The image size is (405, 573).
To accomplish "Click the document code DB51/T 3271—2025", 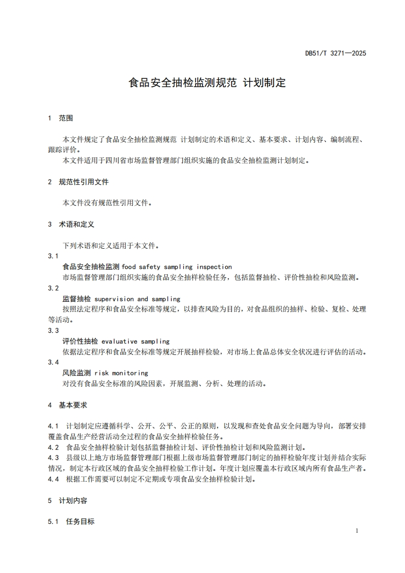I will (336, 53).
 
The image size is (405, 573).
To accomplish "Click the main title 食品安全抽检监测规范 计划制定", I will (206, 82).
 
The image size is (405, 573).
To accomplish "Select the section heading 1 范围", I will (60, 118).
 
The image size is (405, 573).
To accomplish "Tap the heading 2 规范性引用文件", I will (78, 182).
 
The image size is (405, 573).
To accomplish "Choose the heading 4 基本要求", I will (67, 405).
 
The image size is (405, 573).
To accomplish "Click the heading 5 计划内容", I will (67, 500).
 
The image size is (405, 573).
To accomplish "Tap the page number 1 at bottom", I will (356, 531).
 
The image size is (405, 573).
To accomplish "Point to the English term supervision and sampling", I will (137, 299).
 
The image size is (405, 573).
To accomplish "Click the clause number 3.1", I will (53, 256).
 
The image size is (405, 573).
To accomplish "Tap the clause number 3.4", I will (53, 362).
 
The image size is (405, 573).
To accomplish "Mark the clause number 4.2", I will (53, 447).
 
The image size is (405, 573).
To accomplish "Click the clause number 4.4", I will (53, 479).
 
